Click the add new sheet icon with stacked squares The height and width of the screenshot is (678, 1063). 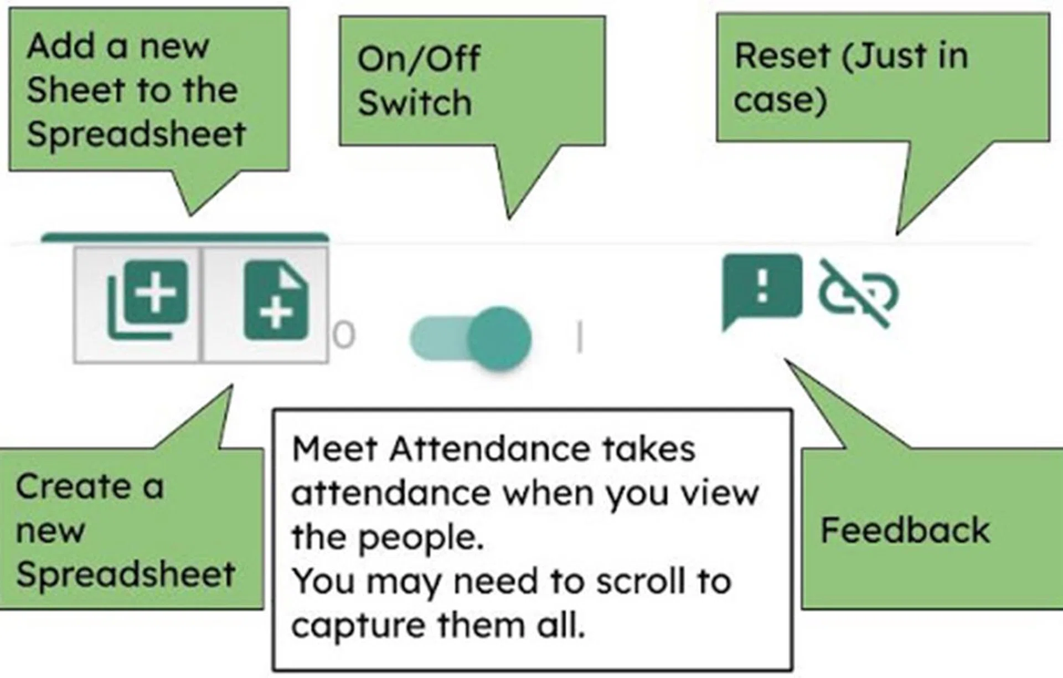tap(148, 300)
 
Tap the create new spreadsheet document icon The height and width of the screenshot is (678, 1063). tap(276, 301)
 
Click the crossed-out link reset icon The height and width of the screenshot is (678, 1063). tap(858, 293)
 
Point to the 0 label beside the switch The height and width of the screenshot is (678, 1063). tap(344, 336)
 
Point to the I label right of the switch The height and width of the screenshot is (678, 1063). tap(579, 338)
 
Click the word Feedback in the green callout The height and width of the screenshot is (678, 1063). tap(905, 530)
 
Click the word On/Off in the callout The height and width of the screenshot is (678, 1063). tap(419, 59)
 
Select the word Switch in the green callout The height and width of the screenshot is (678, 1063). tap(414, 102)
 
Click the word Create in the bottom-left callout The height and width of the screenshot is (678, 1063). tap(73, 486)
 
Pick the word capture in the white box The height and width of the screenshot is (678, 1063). tap(360, 626)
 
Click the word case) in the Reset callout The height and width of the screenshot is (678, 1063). tap(780, 100)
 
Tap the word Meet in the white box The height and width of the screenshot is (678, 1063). tap(334, 449)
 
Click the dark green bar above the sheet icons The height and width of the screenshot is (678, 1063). tap(184, 238)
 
